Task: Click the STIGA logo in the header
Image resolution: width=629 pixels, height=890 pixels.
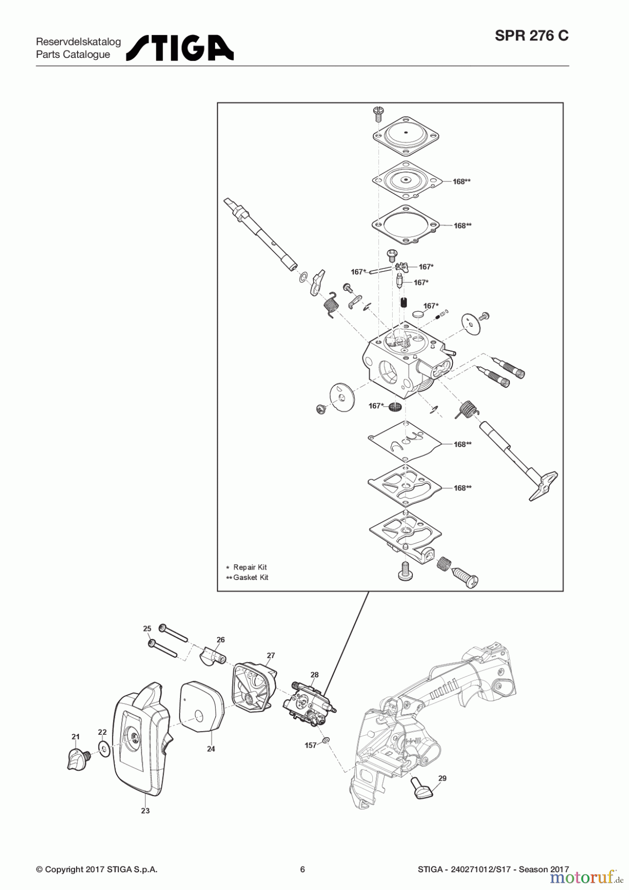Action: point(180,48)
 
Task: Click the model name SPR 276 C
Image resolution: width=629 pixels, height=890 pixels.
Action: point(532,36)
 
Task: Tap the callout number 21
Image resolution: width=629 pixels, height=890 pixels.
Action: point(75,737)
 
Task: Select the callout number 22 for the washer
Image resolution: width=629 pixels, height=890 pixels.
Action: point(102,732)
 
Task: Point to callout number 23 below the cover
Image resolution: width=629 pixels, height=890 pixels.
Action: point(145,811)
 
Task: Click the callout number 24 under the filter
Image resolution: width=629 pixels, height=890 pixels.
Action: point(211,749)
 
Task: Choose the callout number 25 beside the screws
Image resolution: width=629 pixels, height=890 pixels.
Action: point(147,629)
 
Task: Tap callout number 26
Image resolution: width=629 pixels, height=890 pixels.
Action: point(221,640)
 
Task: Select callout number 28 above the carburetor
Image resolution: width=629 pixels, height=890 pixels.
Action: point(314,675)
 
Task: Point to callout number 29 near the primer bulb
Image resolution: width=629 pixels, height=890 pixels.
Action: point(442,778)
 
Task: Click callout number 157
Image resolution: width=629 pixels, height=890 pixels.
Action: point(311,745)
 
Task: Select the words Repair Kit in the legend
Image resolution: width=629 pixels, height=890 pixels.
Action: point(250,567)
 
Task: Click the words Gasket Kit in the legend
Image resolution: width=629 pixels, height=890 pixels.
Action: point(251,578)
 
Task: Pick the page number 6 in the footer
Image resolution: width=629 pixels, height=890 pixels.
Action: point(303,869)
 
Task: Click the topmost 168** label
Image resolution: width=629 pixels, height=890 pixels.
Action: point(461,181)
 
